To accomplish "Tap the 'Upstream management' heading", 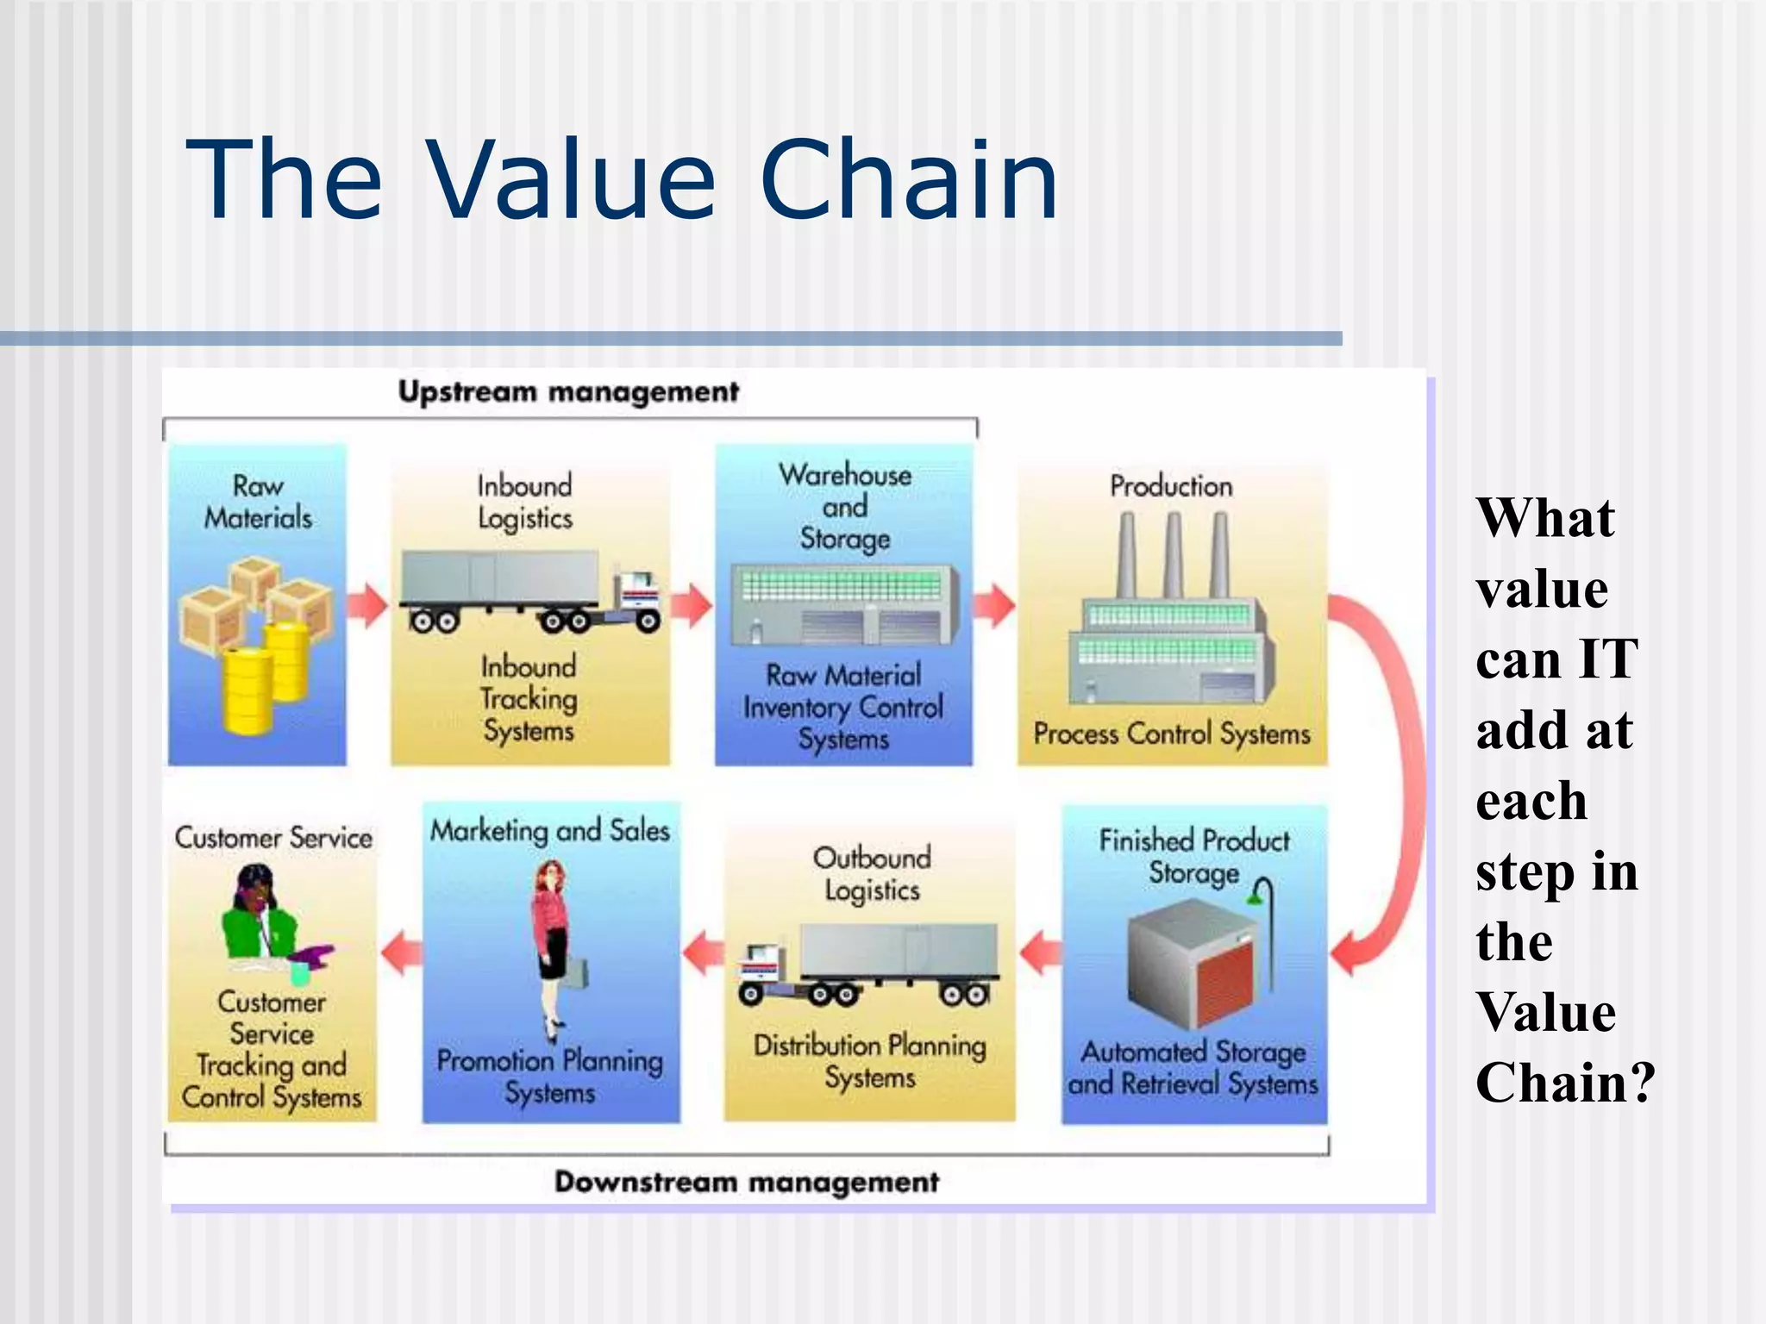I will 567,392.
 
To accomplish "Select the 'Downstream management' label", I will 746,1182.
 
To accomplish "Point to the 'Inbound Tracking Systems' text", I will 528,698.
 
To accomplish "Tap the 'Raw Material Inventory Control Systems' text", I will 843,707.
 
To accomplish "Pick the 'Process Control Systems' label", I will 1171,734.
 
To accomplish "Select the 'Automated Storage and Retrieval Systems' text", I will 1193,1067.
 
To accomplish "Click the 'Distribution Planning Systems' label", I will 869,1061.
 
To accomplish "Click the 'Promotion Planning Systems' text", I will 549,1076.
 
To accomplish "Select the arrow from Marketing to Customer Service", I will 401,952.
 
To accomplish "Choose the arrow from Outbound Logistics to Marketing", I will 703,952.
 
